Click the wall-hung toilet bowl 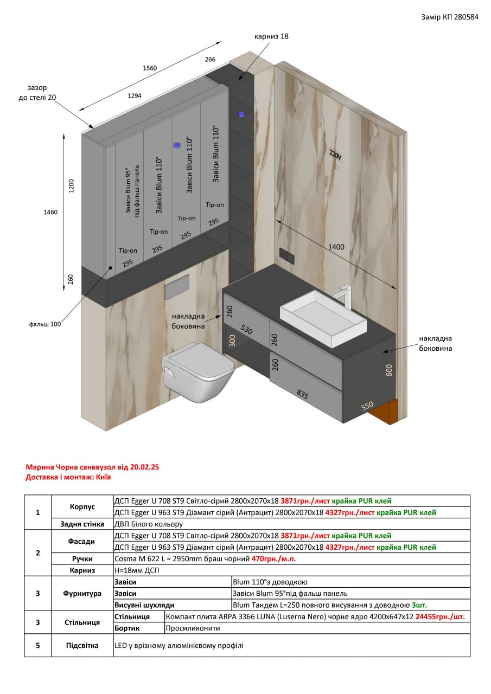(198, 371)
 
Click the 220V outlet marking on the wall (335, 155)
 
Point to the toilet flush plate (177, 287)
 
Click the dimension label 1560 (150, 68)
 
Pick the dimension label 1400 (336, 247)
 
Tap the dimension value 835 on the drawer (302, 394)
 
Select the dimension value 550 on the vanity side (367, 406)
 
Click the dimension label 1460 (50, 212)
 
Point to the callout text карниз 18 (271, 36)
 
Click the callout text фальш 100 (45, 324)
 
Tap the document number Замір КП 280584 (449, 17)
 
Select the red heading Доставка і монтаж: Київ (68, 477)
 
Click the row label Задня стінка (82, 524)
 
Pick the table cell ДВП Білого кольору (149, 524)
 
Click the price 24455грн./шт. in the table (440, 616)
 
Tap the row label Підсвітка (82, 645)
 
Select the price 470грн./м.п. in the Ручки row (273, 558)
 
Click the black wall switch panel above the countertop (287, 255)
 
